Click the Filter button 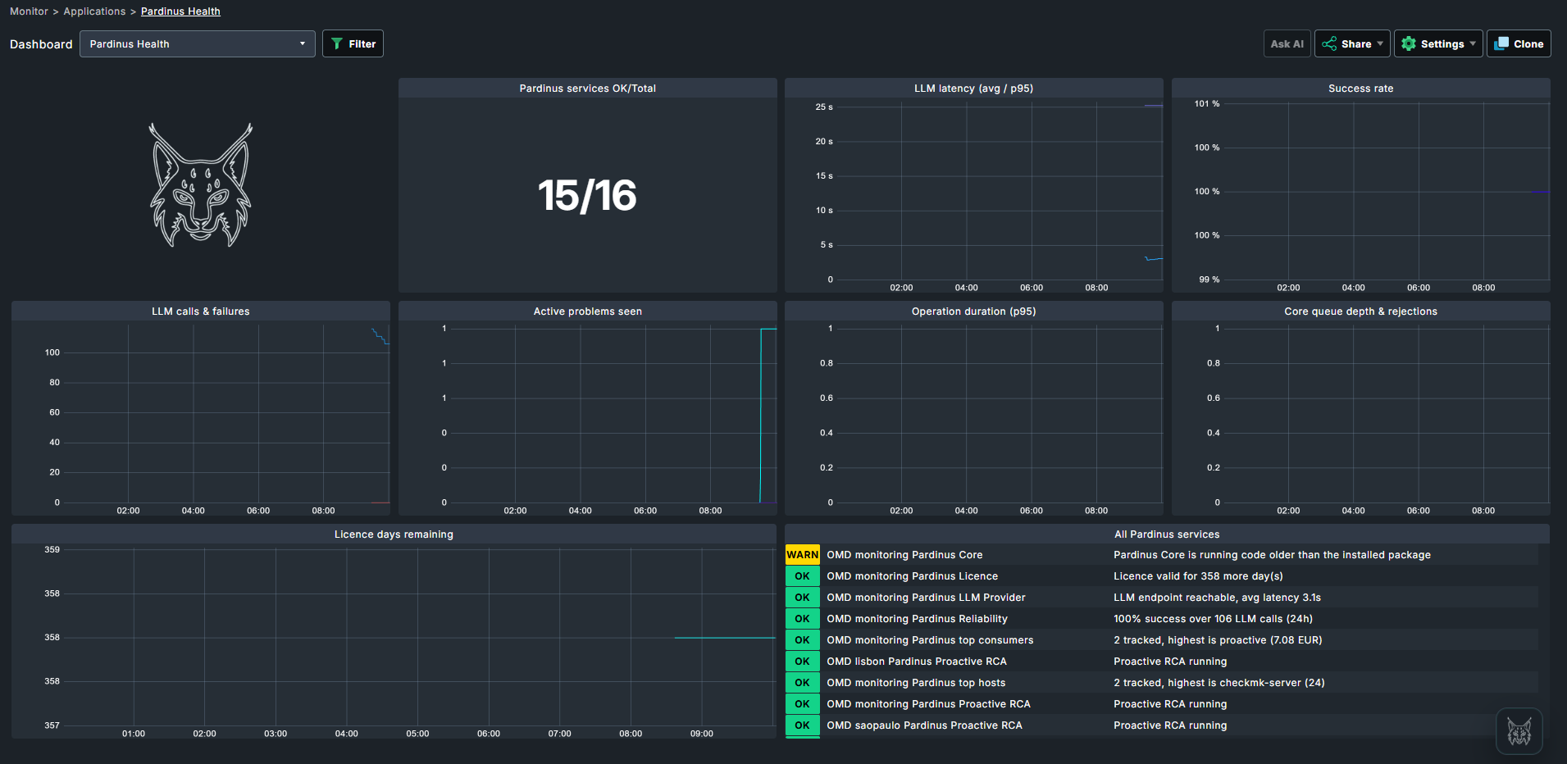[353, 43]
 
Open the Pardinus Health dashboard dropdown [197, 43]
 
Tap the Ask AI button [1287, 43]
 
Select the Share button [1352, 43]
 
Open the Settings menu [1438, 43]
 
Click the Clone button [1519, 43]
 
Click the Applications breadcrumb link [94, 11]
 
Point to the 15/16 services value [587, 195]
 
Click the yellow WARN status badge [802, 555]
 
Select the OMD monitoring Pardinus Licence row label [912, 576]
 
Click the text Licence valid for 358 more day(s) [1198, 576]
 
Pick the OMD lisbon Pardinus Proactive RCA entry [916, 662]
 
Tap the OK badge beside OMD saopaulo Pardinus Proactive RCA [802, 725]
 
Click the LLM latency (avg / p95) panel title [973, 89]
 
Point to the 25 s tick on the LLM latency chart [823, 107]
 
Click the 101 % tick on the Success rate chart [1206, 104]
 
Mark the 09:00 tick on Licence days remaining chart [701, 734]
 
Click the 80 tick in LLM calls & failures [54, 383]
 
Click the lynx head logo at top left [201, 185]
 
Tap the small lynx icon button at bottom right [1519, 731]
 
